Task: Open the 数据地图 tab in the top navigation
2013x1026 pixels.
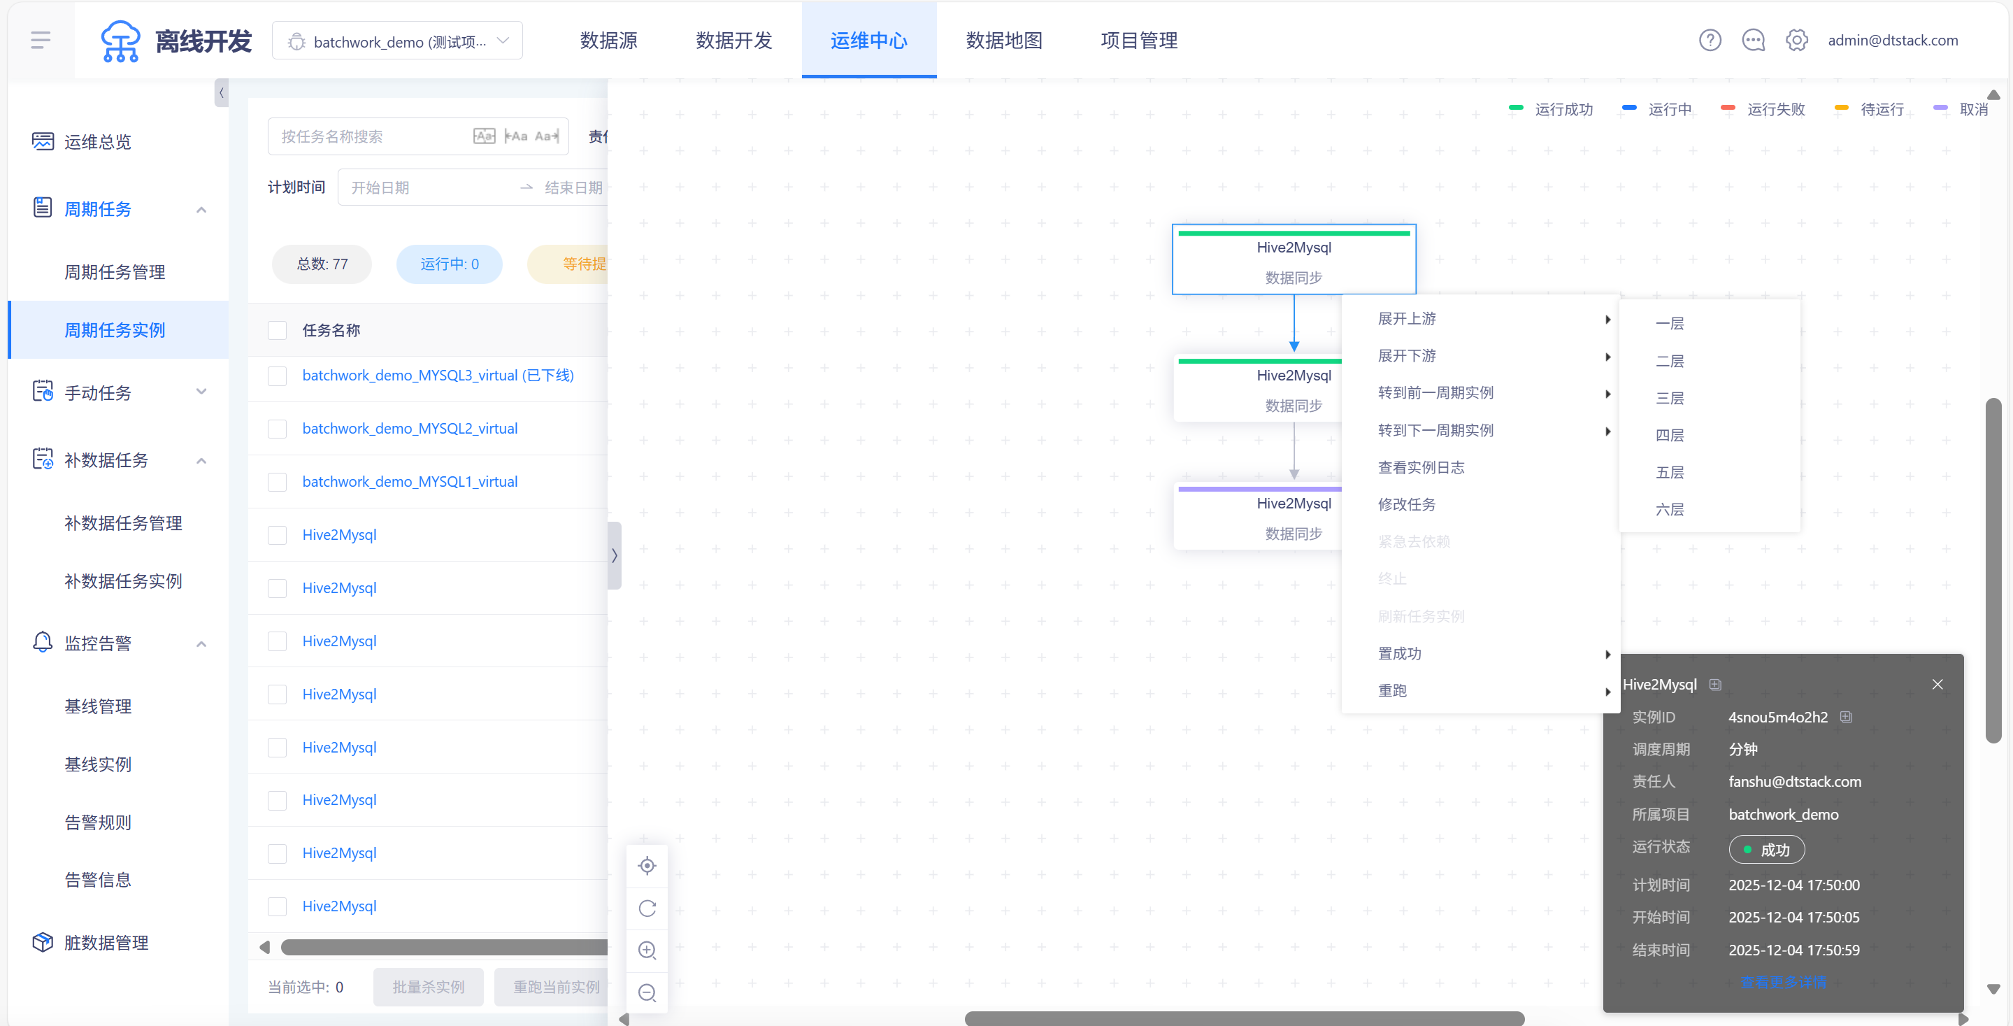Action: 1003,41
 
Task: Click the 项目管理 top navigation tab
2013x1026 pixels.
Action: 1138,41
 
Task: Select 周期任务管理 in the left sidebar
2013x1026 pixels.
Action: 115,272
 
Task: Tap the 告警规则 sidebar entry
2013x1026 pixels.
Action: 98,822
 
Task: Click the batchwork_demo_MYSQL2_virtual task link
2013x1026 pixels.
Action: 410,428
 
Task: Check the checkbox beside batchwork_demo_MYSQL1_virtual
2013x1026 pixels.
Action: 278,481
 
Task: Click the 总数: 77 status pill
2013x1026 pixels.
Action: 322,264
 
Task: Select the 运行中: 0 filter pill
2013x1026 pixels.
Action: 450,264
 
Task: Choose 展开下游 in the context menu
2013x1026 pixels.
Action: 1407,355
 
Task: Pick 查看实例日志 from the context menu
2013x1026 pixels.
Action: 1421,467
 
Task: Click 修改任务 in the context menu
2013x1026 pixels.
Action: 1407,504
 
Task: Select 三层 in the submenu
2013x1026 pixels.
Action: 1669,398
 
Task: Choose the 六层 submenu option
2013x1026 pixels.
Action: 1669,509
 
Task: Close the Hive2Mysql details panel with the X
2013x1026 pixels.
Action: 1937,685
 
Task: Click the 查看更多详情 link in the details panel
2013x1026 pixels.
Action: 1783,982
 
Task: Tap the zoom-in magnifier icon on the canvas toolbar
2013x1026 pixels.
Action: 647,950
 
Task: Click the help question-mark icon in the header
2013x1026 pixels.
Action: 1710,40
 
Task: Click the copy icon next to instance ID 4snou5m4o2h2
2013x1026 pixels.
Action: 1846,717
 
